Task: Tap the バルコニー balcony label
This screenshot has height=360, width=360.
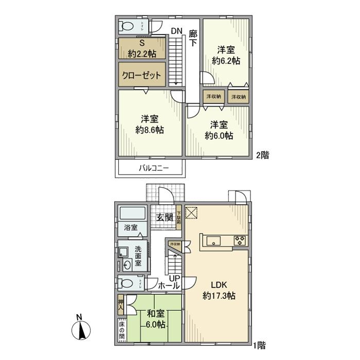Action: point(150,168)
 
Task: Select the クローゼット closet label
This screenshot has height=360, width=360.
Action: point(141,75)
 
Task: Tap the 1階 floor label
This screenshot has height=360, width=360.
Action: point(259,345)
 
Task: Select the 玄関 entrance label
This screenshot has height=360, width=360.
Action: point(164,217)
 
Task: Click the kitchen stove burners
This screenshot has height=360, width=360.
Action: point(240,240)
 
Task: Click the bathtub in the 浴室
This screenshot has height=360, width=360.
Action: point(133,213)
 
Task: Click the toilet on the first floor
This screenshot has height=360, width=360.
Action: point(127,283)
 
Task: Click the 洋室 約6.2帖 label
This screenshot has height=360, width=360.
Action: point(226,55)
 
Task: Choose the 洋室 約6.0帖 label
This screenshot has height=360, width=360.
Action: point(219,130)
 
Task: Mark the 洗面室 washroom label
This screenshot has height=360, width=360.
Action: point(138,256)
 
